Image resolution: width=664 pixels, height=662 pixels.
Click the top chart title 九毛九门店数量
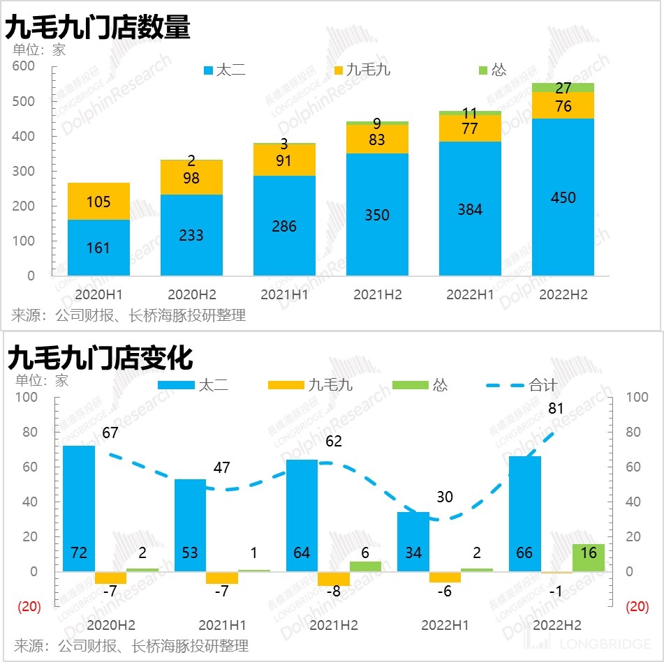coord(98,27)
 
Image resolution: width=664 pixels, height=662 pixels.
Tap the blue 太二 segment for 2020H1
coord(98,248)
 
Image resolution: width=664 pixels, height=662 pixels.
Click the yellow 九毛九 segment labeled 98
coord(191,179)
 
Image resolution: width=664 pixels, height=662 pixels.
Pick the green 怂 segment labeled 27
coord(563,88)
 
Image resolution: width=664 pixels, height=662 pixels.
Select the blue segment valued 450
coord(563,197)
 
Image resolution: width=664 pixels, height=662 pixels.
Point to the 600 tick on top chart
coord(24,66)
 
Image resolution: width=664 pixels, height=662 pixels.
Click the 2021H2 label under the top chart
coord(377,295)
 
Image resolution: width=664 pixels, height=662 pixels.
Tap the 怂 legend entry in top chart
coord(492,70)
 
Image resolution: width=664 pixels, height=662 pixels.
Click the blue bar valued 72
coord(79,509)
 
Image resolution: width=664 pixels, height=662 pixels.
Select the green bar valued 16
coord(588,557)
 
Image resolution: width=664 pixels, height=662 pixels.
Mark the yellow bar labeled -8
coord(334,578)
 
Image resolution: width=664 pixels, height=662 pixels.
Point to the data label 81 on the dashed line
coord(556,409)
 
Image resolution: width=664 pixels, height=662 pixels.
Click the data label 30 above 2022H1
coord(445,497)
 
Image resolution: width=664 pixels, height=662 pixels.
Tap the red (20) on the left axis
coord(29,607)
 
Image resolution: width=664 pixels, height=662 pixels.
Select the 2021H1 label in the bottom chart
coord(222,625)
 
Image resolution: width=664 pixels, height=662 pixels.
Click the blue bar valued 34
coord(413,541)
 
